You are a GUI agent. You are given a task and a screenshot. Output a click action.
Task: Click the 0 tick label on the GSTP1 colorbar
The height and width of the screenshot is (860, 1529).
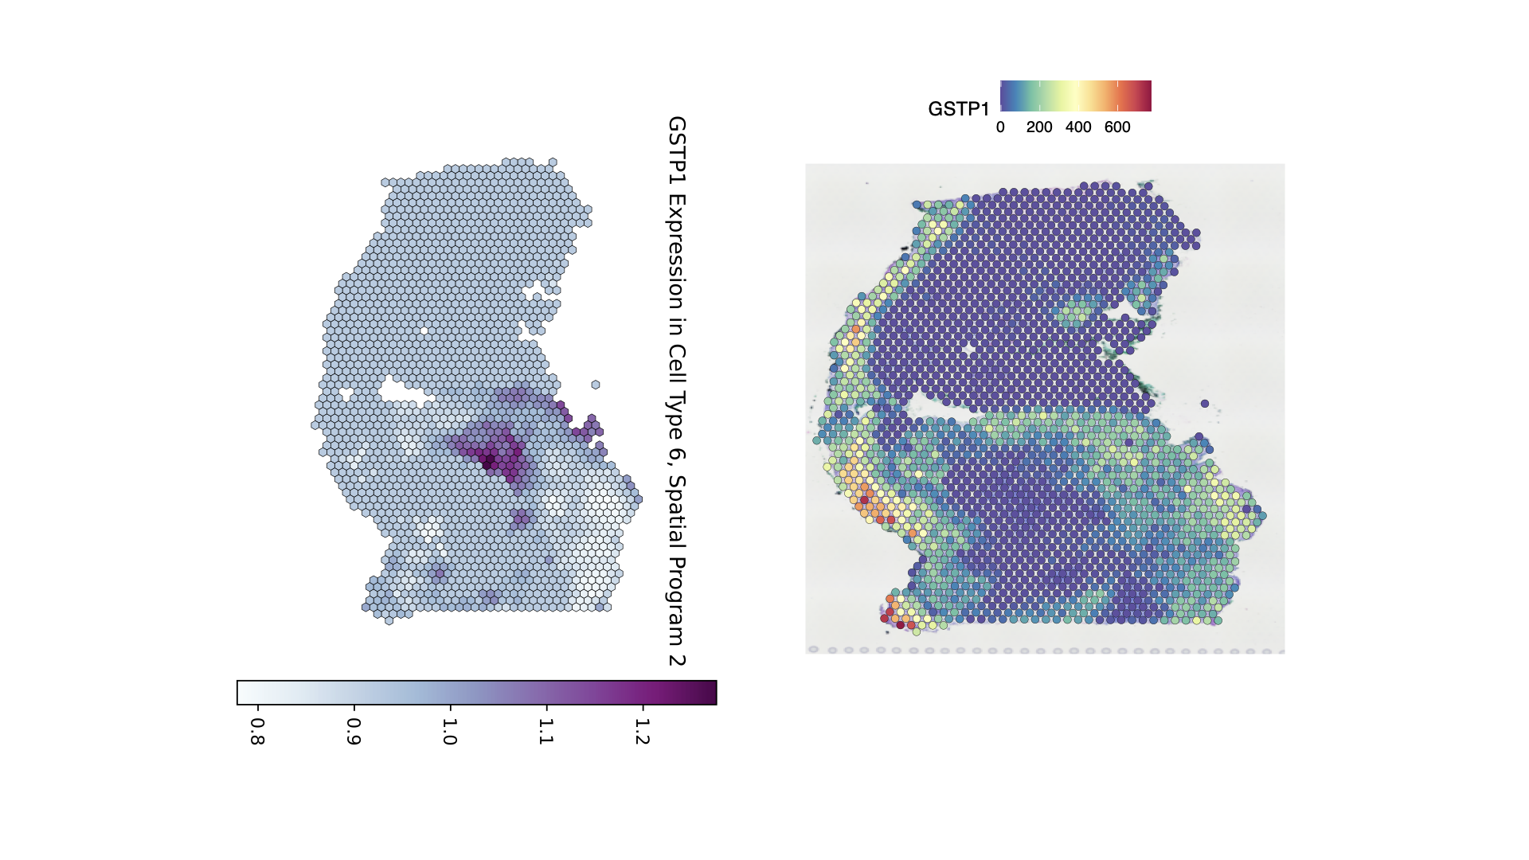pos(1000,127)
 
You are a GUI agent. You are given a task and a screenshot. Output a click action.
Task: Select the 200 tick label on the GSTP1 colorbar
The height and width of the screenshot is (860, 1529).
pos(1039,127)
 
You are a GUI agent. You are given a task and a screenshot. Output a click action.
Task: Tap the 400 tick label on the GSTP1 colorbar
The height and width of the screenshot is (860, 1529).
pos(1078,127)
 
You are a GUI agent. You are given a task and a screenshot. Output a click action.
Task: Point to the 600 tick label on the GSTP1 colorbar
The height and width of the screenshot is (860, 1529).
pos(1117,127)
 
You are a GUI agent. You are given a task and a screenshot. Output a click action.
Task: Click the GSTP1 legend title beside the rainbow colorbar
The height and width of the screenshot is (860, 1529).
pos(958,109)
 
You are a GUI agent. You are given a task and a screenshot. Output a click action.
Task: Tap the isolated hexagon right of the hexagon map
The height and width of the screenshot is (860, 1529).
pos(596,385)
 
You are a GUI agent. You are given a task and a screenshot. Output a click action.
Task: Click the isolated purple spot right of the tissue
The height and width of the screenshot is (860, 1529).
pos(1205,404)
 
